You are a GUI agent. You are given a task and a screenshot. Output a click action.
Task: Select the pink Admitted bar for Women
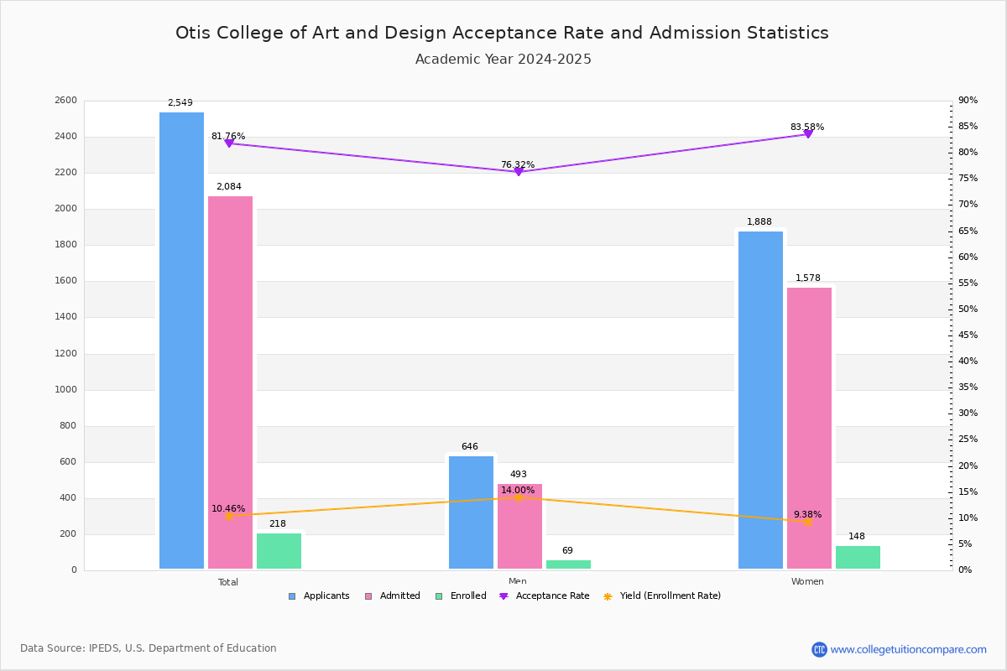(809, 428)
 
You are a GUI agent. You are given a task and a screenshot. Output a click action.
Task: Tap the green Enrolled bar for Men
(568, 564)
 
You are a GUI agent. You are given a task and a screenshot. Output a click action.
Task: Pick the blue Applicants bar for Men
(471, 512)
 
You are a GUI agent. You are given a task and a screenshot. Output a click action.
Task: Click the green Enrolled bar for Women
(858, 558)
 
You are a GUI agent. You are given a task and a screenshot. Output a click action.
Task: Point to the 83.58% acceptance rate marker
(808, 134)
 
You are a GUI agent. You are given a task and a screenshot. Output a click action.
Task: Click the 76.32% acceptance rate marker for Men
(519, 171)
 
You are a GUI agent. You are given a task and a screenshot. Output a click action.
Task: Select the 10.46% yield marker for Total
(229, 516)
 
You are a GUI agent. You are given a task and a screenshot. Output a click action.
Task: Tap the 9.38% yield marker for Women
(808, 522)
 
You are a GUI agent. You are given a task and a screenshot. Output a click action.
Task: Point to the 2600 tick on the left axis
(66, 101)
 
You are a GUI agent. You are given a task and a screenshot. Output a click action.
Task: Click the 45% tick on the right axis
(968, 335)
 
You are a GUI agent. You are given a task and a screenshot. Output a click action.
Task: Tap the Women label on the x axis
(807, 582)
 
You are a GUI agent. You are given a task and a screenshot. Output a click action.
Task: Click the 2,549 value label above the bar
(180, 103)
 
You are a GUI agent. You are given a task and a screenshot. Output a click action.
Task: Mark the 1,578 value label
(807, 278)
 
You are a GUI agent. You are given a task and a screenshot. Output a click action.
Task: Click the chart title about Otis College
(502, 33)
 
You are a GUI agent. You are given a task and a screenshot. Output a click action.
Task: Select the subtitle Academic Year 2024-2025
(503, 60)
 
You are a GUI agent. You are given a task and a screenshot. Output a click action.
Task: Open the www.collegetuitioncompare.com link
(908, 649)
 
